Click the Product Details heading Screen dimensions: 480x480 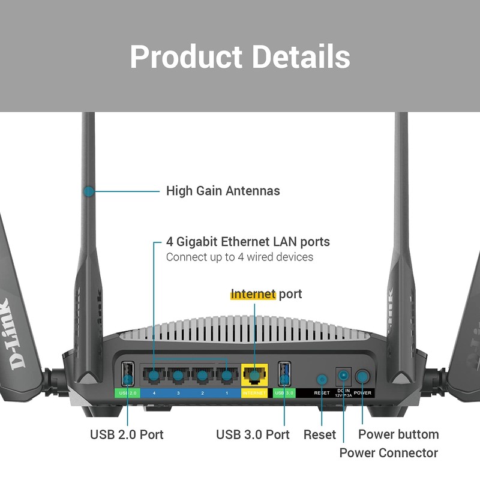tap(240, 56)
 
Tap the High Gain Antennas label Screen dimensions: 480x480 tap(223, 191)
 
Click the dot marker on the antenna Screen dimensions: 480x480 tap(88, 191)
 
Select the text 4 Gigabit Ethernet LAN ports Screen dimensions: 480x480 tap(248, 242)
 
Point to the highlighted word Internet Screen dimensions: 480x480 tap(253, 294)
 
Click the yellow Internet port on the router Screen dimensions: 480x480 tap(254, 376)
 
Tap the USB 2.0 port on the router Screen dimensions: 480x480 tap(127, 374)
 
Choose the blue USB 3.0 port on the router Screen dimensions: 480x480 tap(284, 374)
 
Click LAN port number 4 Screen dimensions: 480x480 tap(154, 376)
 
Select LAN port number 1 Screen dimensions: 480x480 tap(226, 376)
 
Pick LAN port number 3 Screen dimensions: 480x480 tap(178, 376)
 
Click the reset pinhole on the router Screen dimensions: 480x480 tap(322, 379)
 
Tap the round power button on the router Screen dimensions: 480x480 tap(362, 377)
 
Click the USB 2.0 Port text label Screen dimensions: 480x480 tap(127, 434)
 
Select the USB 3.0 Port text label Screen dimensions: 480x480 tap(253, 434)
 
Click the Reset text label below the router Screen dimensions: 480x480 tap(320, 434)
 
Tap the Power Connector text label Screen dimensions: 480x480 tap(389, 452)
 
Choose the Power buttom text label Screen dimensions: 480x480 tap(398, 434)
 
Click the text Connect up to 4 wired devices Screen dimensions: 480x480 tap(239, 257)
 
